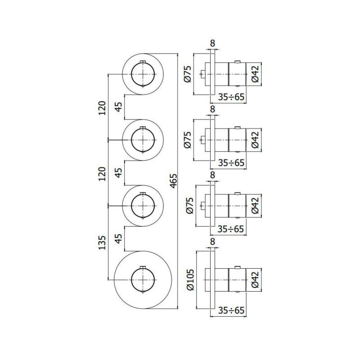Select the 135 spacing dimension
coord(102,243)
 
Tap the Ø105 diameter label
coord(190,280)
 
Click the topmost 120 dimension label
coord(102,108)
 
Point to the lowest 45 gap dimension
coord(118,239)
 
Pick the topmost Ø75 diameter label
coord(187,74)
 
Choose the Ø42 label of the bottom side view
coord(255,279)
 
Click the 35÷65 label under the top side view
coord(231,97)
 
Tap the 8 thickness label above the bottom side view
coord(212,242)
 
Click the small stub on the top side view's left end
coord(203,74)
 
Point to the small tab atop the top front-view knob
coord(143,62)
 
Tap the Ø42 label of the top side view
coord(255,74)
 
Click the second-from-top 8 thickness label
coord(212,109)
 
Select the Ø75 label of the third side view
coord(190,206)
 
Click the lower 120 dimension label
coord(102,174)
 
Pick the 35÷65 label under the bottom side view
coord(231,310)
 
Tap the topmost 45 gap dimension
coord(118,107)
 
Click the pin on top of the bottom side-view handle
coord(238,267)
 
